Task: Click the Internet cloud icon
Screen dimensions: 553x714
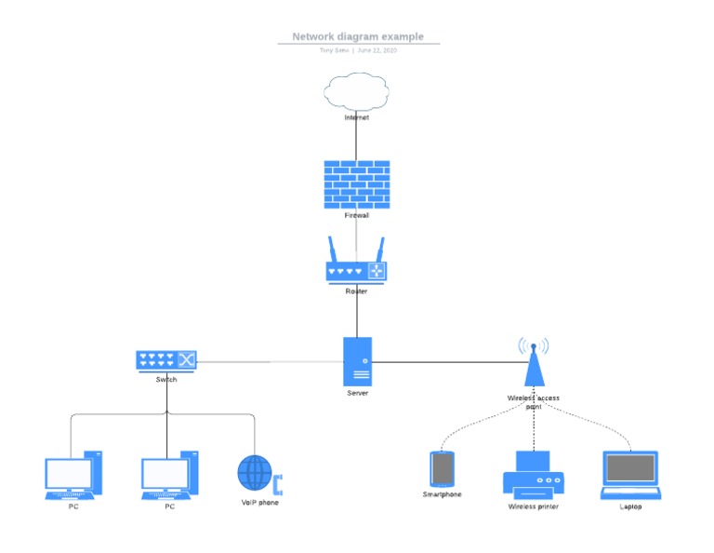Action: [356, 92]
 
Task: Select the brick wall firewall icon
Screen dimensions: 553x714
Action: [356, 183]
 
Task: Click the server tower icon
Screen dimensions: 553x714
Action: [357, 361]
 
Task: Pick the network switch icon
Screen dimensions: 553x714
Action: [166, 360]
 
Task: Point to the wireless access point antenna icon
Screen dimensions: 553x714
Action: [534, 362]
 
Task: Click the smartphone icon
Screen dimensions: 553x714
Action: [442, 469]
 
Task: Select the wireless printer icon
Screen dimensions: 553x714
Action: [534, 475]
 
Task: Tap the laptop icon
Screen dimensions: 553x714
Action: [630, 475]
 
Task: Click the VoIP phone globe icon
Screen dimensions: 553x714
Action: [258, 473]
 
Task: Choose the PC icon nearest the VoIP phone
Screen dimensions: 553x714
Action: [169, 475]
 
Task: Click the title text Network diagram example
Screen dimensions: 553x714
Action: [358, 37]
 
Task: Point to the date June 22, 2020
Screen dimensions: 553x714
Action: [377, 50]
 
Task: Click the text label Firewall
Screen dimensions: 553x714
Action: [357, 215]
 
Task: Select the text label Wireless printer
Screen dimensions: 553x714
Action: [534, 506]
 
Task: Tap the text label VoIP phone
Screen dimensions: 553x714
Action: [259, 503]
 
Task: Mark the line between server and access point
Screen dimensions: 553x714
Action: [446, 361]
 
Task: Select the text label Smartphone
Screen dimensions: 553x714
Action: [442, 494]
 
